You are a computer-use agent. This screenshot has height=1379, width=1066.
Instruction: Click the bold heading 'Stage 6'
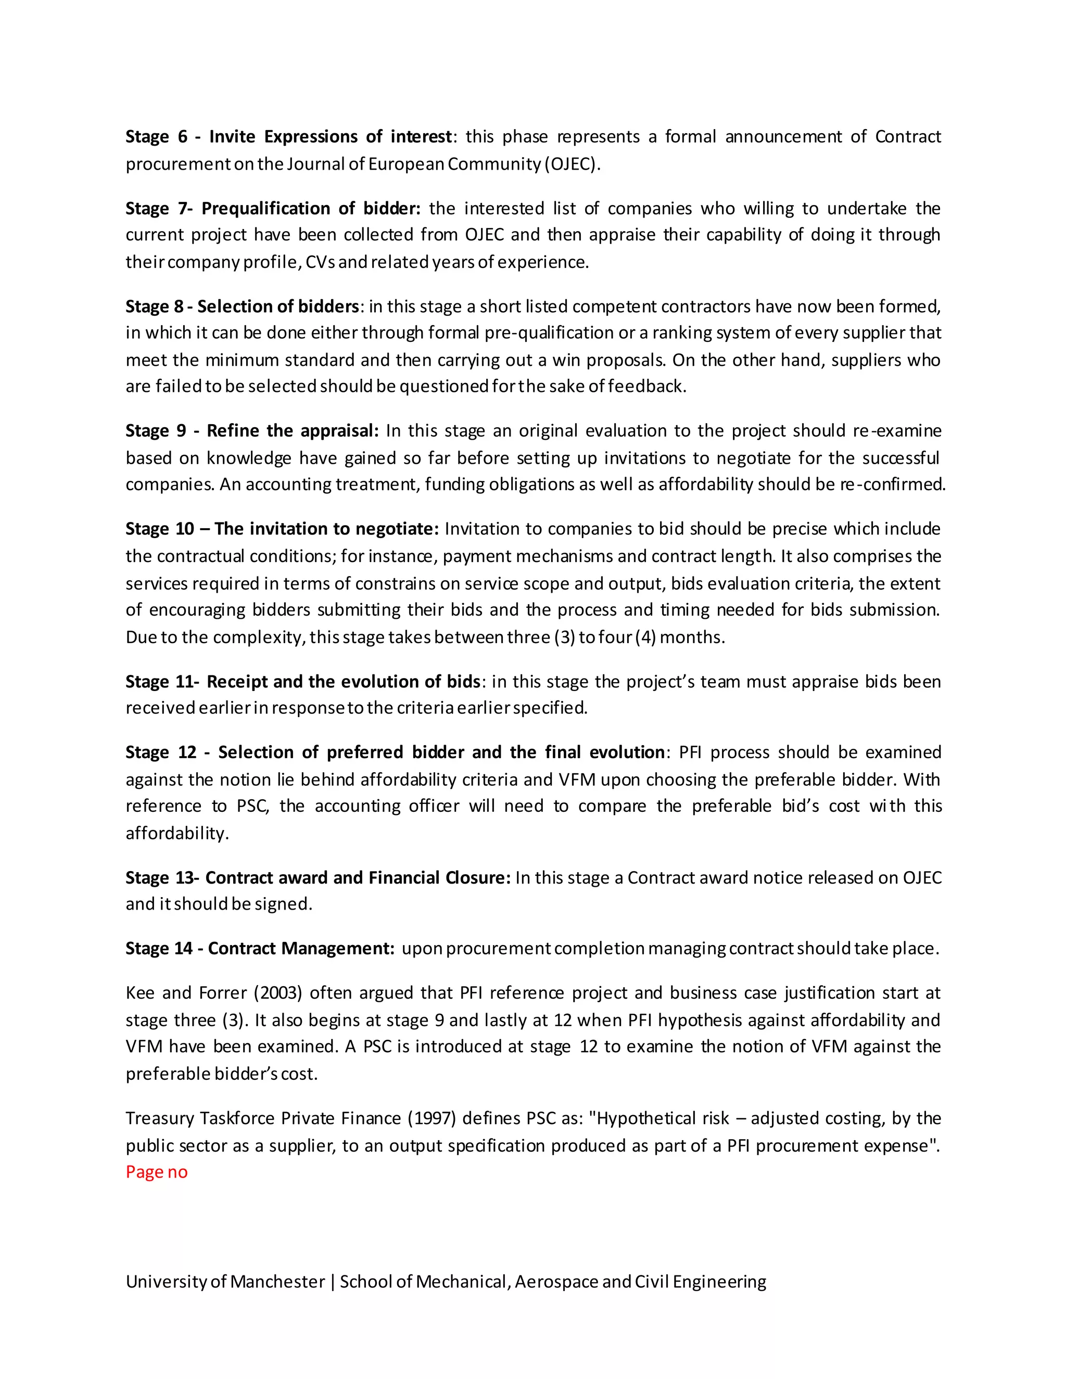(156, 136)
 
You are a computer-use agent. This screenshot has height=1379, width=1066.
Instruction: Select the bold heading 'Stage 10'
(160, 529)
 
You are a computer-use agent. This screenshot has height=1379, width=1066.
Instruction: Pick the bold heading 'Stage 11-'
(162, 681)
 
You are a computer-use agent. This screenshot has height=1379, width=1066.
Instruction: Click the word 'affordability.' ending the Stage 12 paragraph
(177, 834)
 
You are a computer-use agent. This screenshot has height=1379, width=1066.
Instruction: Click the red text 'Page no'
(157, 1172)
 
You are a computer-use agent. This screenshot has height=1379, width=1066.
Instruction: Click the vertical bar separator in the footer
(332, 1281)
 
